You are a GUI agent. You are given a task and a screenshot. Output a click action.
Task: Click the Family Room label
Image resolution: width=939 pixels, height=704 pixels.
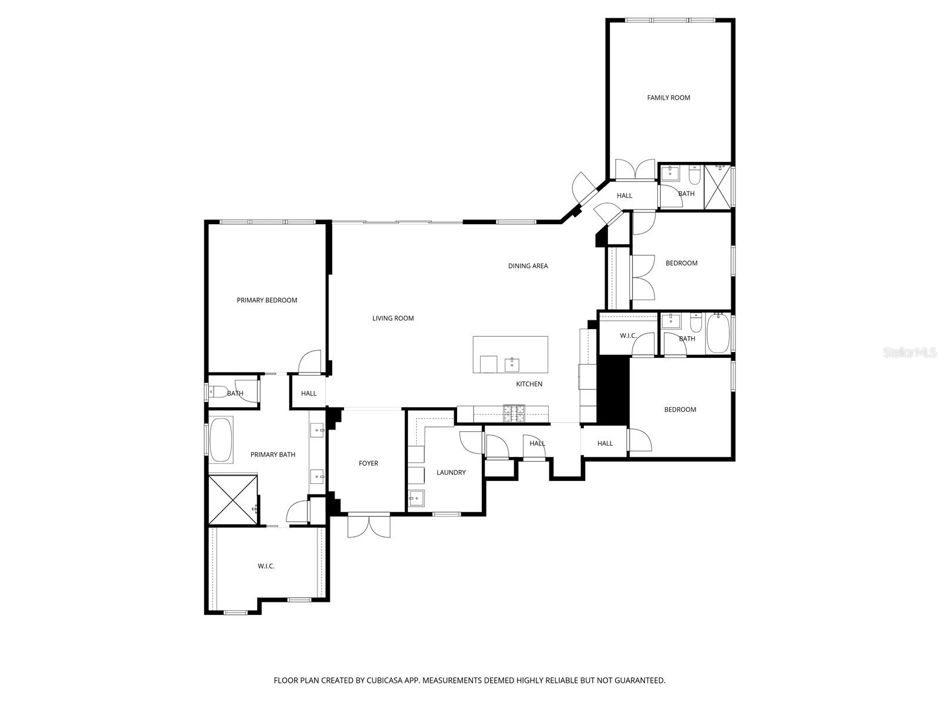pos(668,98)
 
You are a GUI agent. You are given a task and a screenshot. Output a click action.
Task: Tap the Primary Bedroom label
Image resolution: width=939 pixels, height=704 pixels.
pos(266,300)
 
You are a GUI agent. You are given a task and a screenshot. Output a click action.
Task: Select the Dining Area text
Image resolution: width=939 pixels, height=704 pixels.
pos(528,266)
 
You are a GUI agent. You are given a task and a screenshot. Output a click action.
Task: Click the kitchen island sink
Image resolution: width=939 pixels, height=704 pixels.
pos(512,364)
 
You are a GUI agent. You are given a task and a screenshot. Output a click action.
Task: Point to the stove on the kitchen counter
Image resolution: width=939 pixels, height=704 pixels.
pos(514,414)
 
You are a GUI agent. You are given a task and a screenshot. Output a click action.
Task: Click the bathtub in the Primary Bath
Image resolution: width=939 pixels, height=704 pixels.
pos(221,440)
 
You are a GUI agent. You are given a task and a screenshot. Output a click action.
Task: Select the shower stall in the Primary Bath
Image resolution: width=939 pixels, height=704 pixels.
pos(233,500)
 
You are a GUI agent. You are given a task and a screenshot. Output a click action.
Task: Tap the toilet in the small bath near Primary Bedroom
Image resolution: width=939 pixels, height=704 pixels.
pos(218,392)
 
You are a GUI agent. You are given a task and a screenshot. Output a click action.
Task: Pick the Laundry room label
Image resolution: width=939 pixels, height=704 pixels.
pos(451,472)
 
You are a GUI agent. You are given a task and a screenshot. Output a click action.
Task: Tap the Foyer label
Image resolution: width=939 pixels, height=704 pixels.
pos(369,463)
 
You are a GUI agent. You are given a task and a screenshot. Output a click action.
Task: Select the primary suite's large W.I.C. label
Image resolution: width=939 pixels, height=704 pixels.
pos(266,566)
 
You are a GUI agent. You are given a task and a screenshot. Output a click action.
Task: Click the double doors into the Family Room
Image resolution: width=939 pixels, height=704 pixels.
pos(634,169)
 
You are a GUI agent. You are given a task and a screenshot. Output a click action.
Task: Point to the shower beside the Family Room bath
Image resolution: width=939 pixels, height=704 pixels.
pos(718,187)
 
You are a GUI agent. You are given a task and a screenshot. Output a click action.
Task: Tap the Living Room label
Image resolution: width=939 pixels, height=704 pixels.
pos(393,319)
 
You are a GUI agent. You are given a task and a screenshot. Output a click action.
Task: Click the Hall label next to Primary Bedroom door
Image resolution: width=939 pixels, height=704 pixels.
pos(309,394)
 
